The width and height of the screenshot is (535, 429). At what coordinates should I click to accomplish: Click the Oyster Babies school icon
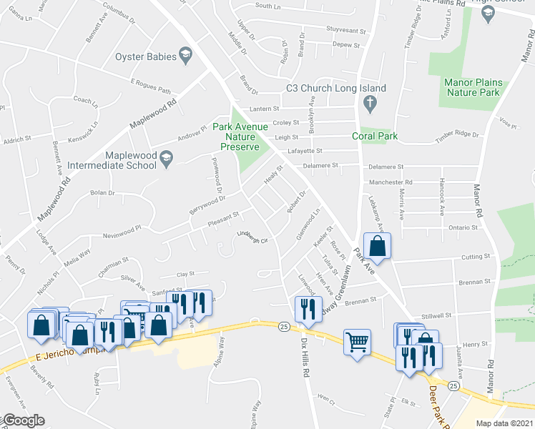point(185,56)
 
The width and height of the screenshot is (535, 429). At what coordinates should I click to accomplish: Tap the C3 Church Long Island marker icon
point(370,105)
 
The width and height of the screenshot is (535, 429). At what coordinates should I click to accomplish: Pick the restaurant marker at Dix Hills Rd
point(305,308)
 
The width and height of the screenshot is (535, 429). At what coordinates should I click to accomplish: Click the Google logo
point(24,420)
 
